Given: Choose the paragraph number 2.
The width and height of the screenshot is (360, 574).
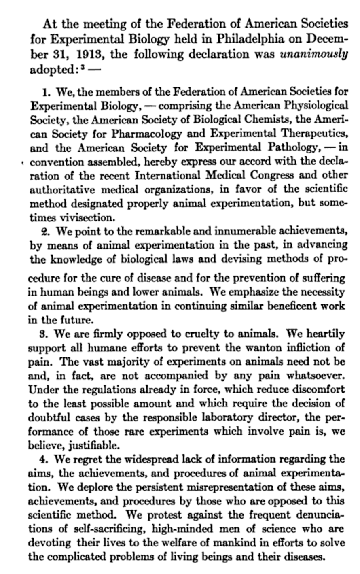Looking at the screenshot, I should (x=46, y=231).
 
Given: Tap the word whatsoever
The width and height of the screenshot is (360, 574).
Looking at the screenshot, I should (x=315, y=376).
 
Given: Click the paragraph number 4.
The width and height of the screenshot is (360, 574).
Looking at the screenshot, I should (x=46, y=459).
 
